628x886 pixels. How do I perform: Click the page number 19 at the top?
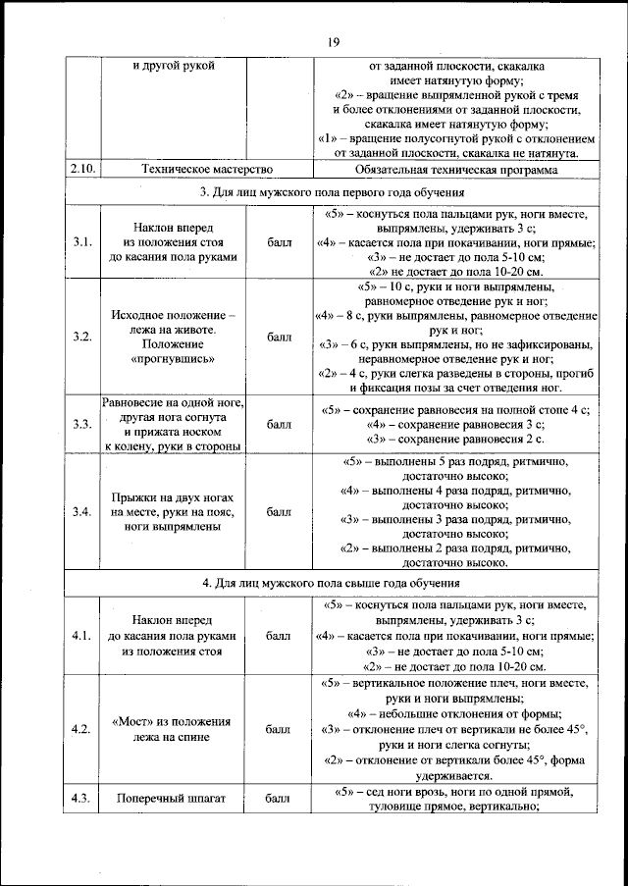point(333,40)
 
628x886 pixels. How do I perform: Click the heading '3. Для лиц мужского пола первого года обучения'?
point(333,191)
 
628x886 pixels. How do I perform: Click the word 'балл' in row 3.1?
point(279,242)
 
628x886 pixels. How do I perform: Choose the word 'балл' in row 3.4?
point(279,512)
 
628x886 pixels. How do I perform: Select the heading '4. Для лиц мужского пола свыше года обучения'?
point(333,583)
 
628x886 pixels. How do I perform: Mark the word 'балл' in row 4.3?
point(279,798)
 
